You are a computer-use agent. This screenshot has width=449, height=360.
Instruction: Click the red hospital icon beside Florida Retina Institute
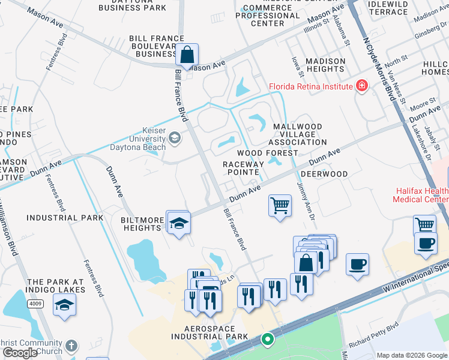click(361, 86)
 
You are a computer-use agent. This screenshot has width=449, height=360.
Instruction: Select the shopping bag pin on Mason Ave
click(188, 55)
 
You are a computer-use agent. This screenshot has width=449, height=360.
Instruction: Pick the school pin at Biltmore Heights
click(178, 224)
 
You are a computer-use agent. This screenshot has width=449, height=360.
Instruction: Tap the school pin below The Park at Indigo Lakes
click(65, 305)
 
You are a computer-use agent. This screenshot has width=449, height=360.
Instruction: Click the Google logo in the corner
click(19, 353)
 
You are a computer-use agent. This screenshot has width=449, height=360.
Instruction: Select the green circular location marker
click(267, 340)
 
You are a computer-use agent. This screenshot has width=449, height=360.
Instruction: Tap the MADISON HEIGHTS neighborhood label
click(325, 65)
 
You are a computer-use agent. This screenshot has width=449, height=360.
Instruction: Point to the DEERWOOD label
click(324, 174)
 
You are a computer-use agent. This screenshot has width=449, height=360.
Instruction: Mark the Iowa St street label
click(295, 62)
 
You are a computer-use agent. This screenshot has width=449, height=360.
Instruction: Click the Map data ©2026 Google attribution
click(411, 355)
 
